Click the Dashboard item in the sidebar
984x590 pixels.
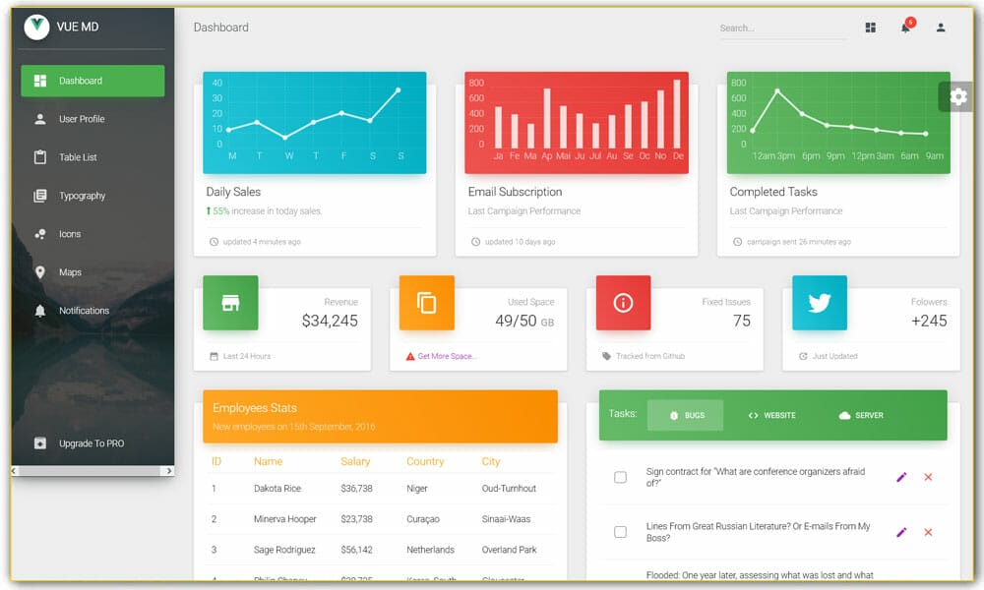[92, 81]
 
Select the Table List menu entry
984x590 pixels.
[78, 157]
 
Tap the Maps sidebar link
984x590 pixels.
[70, 272]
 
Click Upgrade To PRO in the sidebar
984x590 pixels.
[91, 443]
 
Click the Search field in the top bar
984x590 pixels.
[782, 29]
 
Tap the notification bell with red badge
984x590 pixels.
[905, 28]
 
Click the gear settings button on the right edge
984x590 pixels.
[958, 96]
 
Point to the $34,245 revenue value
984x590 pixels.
[330, 321]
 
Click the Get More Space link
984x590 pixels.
[447, 356]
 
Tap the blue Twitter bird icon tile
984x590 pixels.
[820, 303]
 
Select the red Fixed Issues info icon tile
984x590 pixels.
[623, 303]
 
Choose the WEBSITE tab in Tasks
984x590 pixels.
[772, 415]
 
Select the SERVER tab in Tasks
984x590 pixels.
[861, 415]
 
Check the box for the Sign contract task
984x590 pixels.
[620, 477]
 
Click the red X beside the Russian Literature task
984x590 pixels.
[928, 532]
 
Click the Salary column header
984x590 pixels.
[355, 461]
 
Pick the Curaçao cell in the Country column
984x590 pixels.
[423, 519]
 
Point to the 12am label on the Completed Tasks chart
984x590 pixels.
[764, 155]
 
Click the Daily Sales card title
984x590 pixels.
[233, 192]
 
